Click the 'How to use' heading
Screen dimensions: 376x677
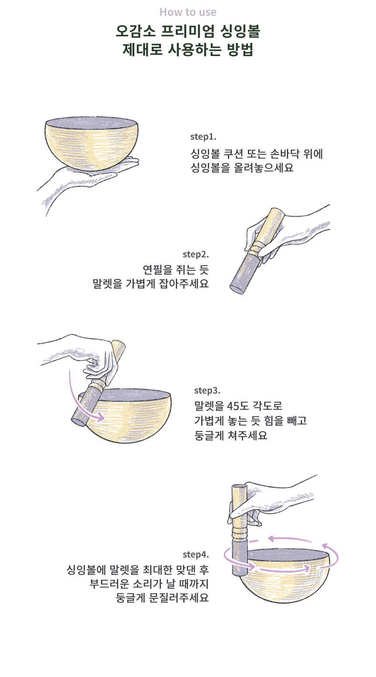coord(188,12)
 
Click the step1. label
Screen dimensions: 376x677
coord(203,137)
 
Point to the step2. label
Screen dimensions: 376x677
coord(195,254)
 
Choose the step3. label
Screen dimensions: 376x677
coord(207,391)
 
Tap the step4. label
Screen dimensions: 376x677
coord(195,554)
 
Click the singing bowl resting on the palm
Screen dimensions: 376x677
coord(92,144)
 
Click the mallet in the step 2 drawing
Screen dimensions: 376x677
coord(257,251)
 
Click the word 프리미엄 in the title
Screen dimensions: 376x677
coord(188,31)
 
